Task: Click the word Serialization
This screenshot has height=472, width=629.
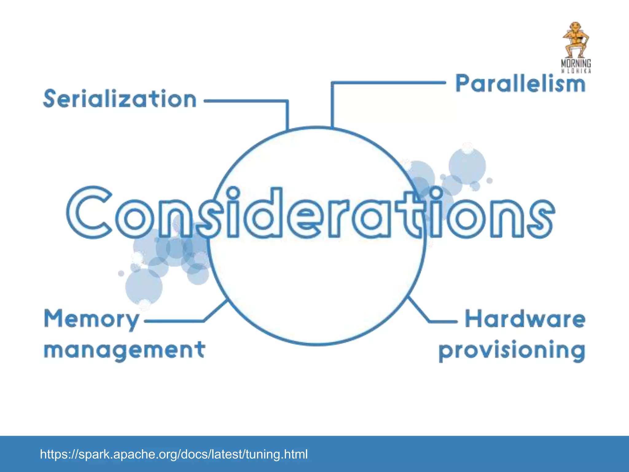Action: coord(120,99)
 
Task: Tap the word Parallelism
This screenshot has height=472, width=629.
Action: coord(520,84)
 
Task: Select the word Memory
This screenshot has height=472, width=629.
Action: coord(92,320)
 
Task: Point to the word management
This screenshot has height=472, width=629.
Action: coord(124,350)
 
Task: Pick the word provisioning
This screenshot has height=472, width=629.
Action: coord(512,351)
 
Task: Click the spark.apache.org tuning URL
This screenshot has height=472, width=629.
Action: coord(174,454)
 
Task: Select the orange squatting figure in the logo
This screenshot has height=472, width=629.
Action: coord(576,40)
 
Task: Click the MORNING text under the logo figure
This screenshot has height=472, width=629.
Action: coord(576,64)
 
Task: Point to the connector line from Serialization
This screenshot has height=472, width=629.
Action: coord(246,100)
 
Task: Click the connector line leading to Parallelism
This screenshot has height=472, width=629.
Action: coord(387,82)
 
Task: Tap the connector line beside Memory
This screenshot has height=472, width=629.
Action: coord(174,321)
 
